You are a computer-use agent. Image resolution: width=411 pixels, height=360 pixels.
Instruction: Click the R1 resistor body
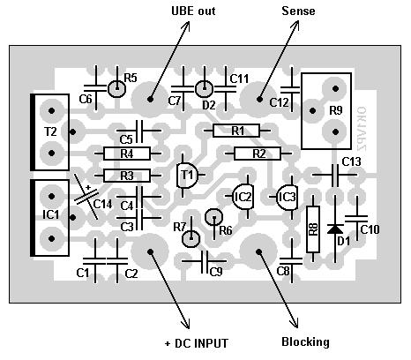click(236, 131)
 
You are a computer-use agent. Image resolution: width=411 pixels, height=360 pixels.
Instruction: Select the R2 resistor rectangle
click(258, 154)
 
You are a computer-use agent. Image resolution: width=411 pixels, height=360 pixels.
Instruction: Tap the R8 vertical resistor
click(313, 229)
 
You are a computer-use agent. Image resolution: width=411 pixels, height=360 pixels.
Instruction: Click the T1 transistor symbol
click(187, 176)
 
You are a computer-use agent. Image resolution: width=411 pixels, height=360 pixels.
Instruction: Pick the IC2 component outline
click(243, 197)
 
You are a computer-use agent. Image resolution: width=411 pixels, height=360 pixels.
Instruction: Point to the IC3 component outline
click(288, 197)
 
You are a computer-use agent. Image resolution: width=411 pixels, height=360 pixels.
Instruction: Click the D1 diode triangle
click(335, 229)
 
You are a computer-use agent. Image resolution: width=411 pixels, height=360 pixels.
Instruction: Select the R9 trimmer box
click(326, 111)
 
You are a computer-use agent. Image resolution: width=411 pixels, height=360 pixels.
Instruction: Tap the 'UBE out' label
click(193, 11)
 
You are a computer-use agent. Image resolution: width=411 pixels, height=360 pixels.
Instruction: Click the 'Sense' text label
click(298, 11)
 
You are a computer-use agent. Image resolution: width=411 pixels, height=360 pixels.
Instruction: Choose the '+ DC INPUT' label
click(197, 343)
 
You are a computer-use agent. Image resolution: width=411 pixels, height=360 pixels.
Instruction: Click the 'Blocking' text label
click(305, 341)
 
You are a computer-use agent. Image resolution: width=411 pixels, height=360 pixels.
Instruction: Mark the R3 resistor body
click(127, 176)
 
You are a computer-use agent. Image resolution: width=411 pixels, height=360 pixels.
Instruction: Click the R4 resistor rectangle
click(127, 154)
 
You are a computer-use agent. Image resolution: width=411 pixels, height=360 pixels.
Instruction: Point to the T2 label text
click(50, 131)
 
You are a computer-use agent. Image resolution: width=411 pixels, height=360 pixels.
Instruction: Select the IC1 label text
click(51, 214)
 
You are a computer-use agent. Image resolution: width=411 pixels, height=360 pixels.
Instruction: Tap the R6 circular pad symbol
click(214, 217)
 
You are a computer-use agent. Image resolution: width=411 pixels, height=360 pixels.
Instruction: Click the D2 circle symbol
click(204, 88)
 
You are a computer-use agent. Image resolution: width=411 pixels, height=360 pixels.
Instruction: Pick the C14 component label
click(102, 204)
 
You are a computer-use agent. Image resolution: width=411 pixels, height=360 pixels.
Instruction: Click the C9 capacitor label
click(216, 272)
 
